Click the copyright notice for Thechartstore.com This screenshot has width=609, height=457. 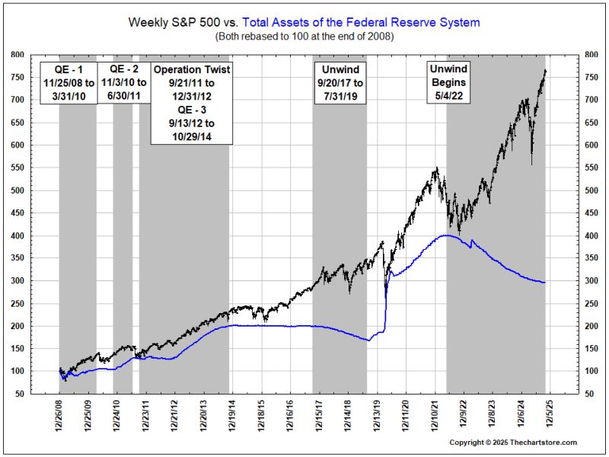pyautogui.click(x=512, y=443)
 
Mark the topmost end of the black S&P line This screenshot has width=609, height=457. pyautogui.click(x=545, y=70)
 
